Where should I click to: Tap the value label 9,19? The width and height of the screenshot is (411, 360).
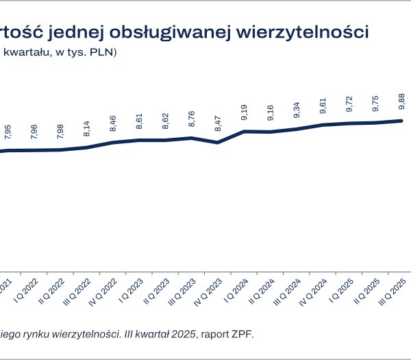[x=245, y=115]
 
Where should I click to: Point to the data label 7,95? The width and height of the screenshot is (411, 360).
[x=8, y=133]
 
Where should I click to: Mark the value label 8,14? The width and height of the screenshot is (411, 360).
[x=87, y=130]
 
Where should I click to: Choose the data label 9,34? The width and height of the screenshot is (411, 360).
[x=297, y=112]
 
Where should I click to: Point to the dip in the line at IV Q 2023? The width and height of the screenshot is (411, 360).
[x=218, y=142]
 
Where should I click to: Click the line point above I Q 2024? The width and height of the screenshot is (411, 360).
[x=245, y=131]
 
